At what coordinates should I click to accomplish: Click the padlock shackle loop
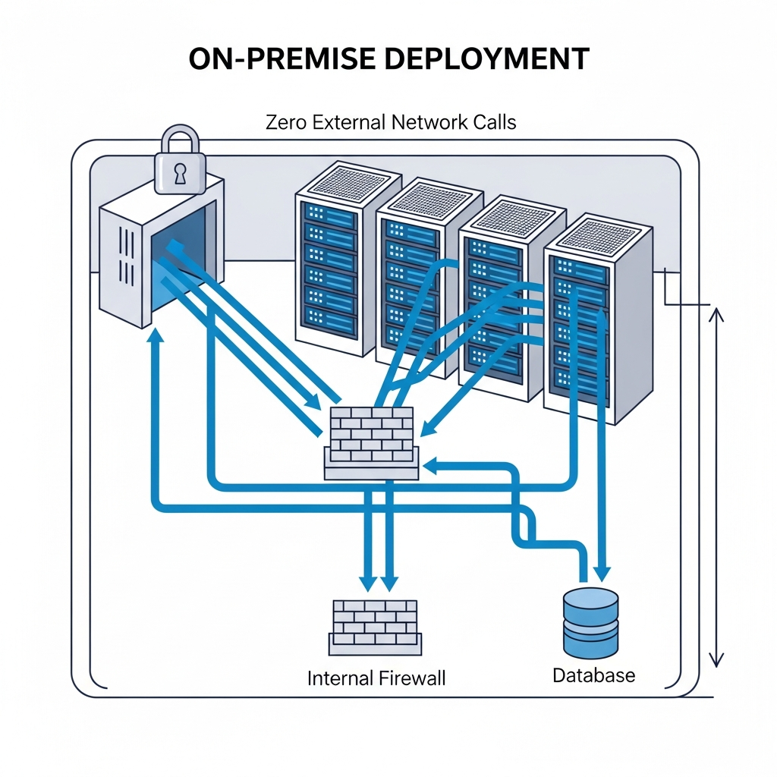[x=180, y=140]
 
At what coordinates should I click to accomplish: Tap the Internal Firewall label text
[x=376, y=678]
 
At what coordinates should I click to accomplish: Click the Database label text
[x=593, y=675]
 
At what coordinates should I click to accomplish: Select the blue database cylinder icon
[x=591, y=622]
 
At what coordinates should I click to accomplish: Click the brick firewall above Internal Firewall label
[x=376, y=627]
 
